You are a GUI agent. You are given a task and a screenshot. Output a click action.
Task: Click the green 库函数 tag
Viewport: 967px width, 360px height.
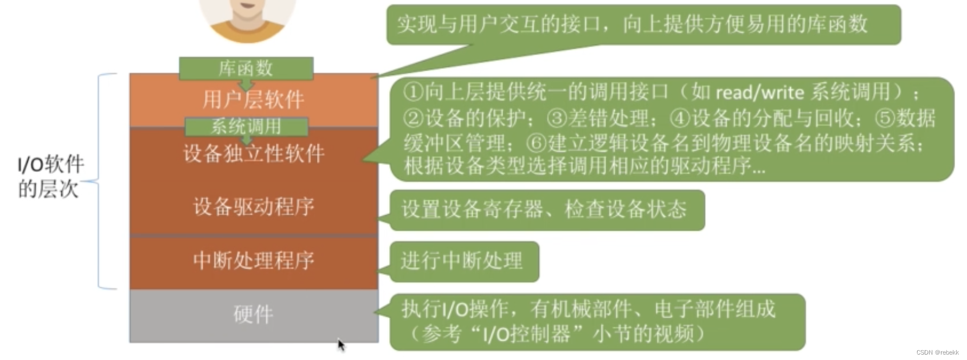(246, 68)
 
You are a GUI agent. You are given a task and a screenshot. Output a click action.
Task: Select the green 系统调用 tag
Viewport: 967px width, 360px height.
(247, 126)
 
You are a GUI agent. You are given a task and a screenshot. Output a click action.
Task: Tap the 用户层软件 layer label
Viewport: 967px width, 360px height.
(254, 100)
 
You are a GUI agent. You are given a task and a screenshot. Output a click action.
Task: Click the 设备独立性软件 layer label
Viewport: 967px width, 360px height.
(254, 153)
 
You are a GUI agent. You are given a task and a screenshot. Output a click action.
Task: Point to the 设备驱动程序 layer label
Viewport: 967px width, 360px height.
(254, 207)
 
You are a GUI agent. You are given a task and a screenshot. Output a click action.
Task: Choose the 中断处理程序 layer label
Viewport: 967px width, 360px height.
(254, 260)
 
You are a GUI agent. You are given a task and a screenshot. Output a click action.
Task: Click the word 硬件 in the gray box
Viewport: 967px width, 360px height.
(254, 314)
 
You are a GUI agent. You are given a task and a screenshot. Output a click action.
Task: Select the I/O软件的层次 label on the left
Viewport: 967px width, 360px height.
(50, 177)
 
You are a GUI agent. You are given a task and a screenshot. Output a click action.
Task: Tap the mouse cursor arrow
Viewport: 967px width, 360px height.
(341, 345)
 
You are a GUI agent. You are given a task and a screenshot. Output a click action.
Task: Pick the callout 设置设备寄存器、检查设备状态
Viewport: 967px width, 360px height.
(545, 209)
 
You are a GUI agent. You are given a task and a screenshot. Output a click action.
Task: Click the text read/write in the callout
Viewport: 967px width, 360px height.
(759, 93)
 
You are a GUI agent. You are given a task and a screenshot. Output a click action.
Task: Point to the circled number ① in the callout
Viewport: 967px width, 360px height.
(413, 92)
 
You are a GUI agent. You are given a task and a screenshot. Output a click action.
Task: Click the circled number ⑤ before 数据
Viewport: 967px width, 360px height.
(886, 118)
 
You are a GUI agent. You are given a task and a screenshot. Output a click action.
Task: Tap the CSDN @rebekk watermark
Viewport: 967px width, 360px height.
(937, 352)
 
